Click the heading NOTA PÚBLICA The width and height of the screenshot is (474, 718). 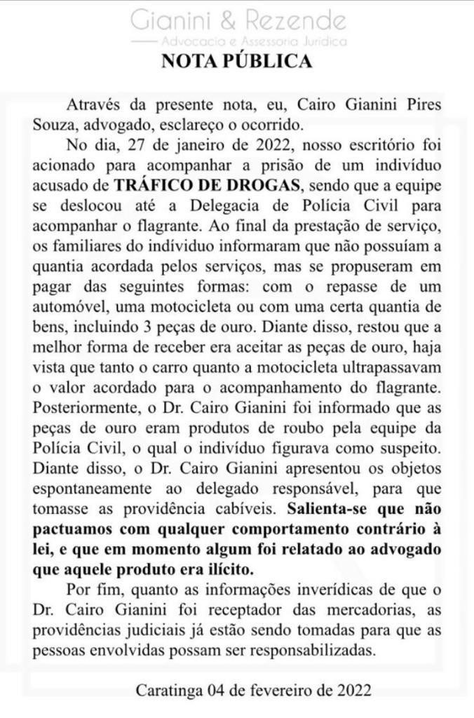coord(236,62)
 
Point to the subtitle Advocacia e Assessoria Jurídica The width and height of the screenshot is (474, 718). coord(254,42)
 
